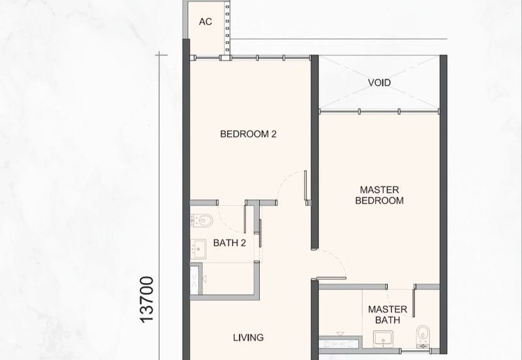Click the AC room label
click(x=206, y=22)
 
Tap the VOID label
click(x=379, y=83)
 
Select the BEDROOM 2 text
click(x=249, y=134)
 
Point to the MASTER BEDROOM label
click(x=380, y=195)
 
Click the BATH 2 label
click(x=230, y=243)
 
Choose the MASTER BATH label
click(x=388, y=315)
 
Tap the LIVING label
click(x=249, y=338)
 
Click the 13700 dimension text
click(x=147, y=299)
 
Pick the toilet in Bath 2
click(x=202, y=220)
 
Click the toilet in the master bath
click(x=423, y=336)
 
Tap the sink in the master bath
click(x=383, y=338)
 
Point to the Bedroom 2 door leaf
click(x=305, y=186)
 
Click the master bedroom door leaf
click(x=331, y=278)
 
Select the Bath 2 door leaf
click(x=245, y=219)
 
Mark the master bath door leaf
click(x=414, y=303)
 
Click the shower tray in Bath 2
click(x=195, y=280)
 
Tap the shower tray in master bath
click(x=339, y=342)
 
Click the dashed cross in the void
click(x=379, y=83)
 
